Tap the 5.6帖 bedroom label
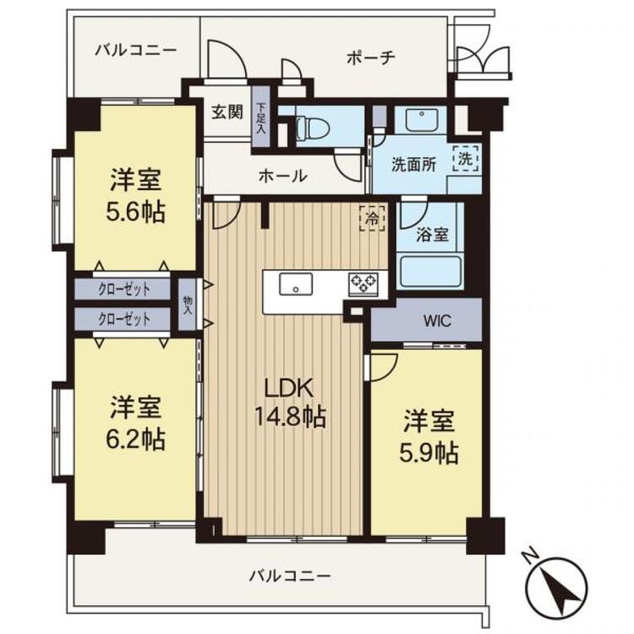coord(135,195)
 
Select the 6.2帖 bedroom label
coord(135,424)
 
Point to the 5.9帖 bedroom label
coord(430,437)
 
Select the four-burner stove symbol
coord(365,283)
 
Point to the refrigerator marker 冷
coord(371,217)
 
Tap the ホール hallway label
coord(282,177)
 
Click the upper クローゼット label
coord(123,289)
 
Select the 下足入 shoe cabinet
coord(262,118)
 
